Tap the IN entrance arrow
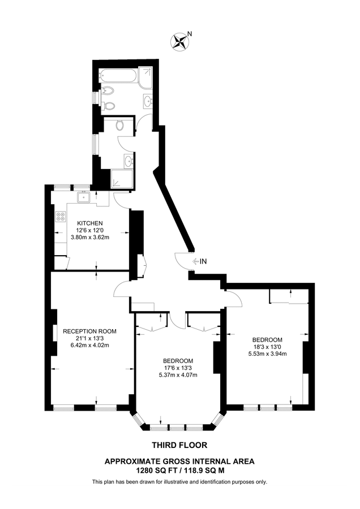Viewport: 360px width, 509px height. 200,261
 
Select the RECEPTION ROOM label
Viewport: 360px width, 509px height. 89,331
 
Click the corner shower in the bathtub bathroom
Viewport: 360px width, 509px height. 146,78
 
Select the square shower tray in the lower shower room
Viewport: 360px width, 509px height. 123,178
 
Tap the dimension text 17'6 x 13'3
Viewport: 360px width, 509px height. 178,368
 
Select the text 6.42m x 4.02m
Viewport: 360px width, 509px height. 89,345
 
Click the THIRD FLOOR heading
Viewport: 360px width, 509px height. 179,445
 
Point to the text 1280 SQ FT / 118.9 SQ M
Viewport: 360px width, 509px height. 179,469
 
